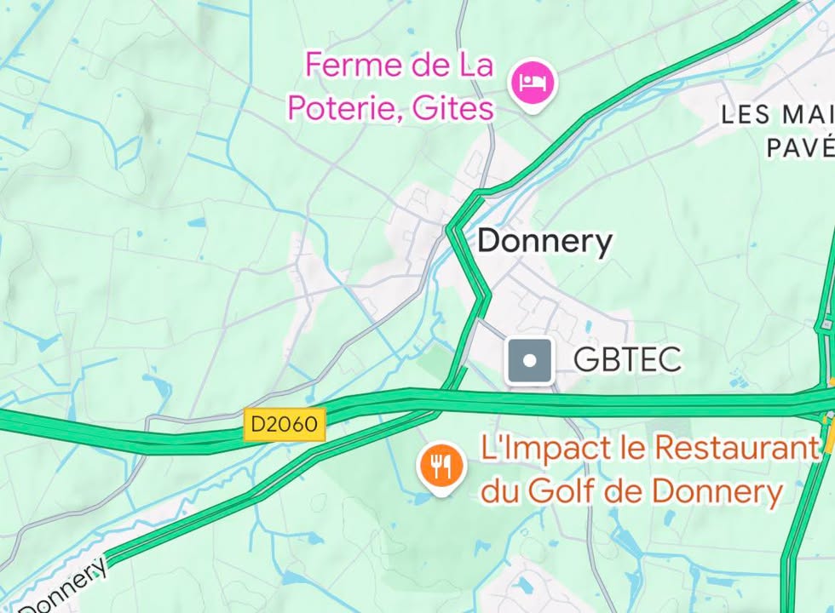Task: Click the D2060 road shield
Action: pyautogui.click(x=285, y=423)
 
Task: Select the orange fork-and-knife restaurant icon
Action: pyautogui.click(x=440, y=465)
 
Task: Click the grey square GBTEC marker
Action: pyautogui.click(x=529, y=360)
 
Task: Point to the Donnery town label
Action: pyautogui.click(x=544, y=241)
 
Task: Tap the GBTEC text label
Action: pyautogui.click(x=627, y=359)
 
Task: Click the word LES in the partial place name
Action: pyautogui.click(x=745, y=114)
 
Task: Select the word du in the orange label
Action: pyautogui.click(x=501, y=490)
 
